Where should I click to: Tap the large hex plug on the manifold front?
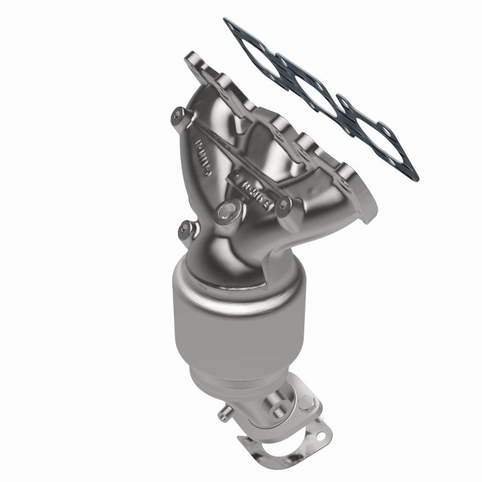click(x=229, y=210)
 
